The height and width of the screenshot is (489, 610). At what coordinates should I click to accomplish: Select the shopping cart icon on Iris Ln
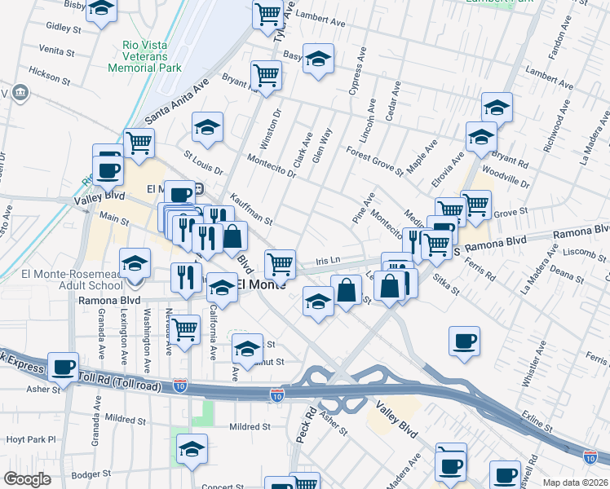pos(281,263)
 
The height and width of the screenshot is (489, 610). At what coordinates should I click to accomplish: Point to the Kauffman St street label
pos(250,209)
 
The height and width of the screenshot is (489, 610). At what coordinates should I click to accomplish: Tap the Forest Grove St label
pos(374,161)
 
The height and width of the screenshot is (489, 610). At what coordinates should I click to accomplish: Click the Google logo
pos(27,479)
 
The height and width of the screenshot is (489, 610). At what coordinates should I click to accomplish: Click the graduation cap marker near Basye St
pos(318,58)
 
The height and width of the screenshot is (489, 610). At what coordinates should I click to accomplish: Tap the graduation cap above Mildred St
pos(192,448)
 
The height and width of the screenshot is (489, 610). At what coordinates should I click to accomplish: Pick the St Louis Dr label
pos(203,162)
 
